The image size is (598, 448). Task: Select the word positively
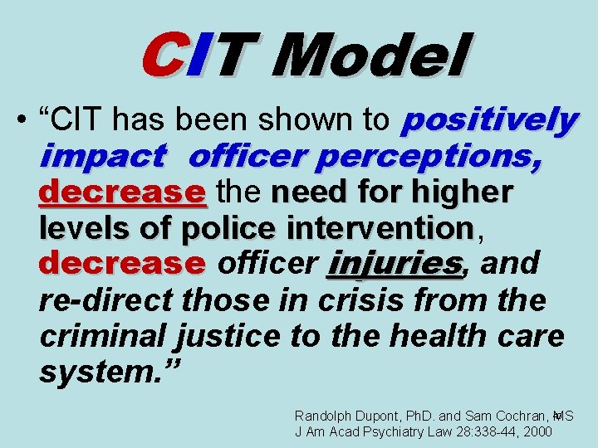click(488, 119)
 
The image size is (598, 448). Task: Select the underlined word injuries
click(395, 264)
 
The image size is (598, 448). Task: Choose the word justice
click(237, 336)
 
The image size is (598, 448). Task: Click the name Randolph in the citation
click(324, 415)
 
